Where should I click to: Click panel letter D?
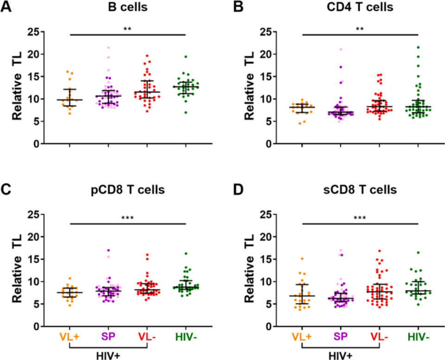pyautogui.click(x=239, y=191)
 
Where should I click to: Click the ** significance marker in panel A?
pyautogui.click(x=127, y=30)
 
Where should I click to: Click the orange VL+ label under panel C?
pyautogui.click(x=70, y=336)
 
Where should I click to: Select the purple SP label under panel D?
pyautogui.click(x=341, y=336)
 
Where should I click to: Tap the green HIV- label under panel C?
pyautogui.click(x=185, y=336)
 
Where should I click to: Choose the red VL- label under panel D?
pyautogui.click(x=380, y=336)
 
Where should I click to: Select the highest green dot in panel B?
pyautogui.click(x=419, y=47)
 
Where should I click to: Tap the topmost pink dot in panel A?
pyautogui.click(x=108, y=48)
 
